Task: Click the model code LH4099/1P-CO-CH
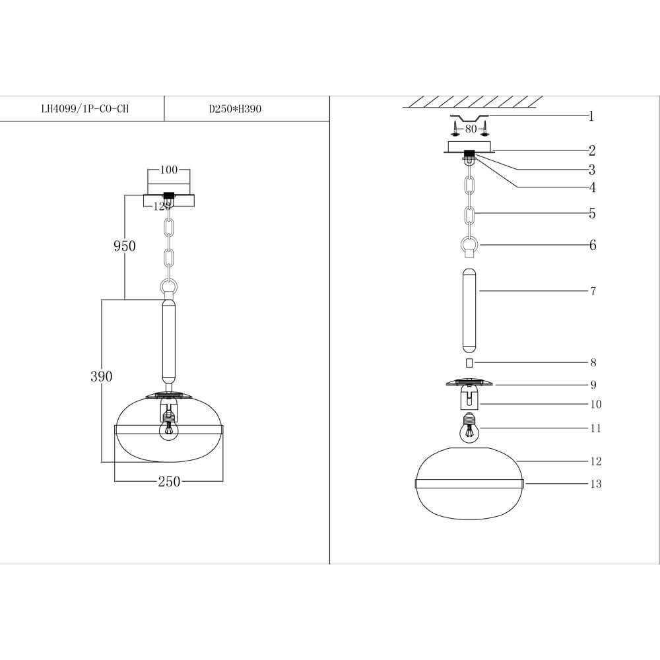pos(84,110)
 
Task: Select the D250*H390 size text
pos(235,110)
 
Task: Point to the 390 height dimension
pos(101,376)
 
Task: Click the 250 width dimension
pos(169,482)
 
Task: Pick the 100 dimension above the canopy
pos(169,170)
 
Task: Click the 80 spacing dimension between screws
pos(470,129)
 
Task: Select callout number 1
pos(591,117)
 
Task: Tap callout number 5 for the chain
pos(592,214)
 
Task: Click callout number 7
pos(593,291)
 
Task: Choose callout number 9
pos(593,385)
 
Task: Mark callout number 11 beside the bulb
pos(595,428)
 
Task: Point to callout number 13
pos(595,484)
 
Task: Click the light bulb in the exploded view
pos(469,431)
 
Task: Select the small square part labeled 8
pos(469,362)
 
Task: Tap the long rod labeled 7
pos(469,310)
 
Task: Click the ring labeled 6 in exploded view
pos(469,246)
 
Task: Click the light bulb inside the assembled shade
pos(169,430)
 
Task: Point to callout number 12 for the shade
pos(595,461)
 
